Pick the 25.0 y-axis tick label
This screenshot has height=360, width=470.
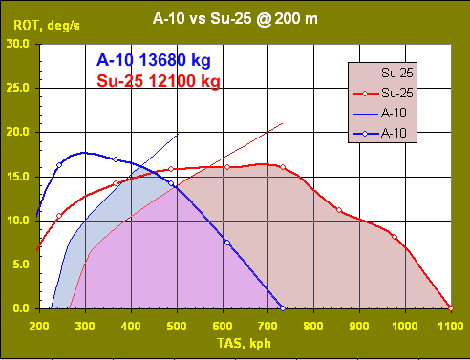click(x=17, y=88)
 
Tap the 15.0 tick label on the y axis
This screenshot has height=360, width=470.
click(x=17, y=177)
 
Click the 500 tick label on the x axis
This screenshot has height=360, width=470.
click(x=176, y=326)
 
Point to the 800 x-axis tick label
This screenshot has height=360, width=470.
click(x=313, y=326)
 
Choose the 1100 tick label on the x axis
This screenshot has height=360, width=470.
click(x=450, y=326)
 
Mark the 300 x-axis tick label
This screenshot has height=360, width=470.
click(x=84, y=326)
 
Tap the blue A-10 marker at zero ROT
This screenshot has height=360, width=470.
click(x=282, y=308)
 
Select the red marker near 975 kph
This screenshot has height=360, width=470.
click(x=394, y=237)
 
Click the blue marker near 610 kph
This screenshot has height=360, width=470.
click(x=226, y=242)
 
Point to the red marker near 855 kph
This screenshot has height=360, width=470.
click(x=339, y=210)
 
